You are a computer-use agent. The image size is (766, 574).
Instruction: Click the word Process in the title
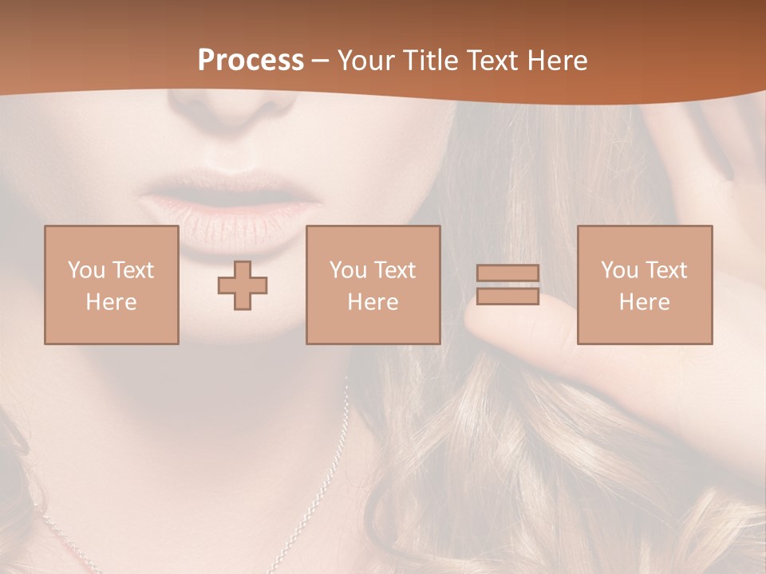tap(251, 61)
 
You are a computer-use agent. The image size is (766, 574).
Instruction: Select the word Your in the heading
tap(365, 61)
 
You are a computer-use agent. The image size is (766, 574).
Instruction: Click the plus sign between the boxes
tap(243, 285)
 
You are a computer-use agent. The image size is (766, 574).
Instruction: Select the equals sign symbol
tap(507, 285)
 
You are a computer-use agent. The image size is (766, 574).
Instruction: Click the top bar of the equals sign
tap(507, 273)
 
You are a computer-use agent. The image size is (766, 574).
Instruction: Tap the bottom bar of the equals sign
tap(507, 296)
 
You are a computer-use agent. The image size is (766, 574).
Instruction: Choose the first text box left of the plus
tap(111, 285)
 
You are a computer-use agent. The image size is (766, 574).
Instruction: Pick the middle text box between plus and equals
tap(373, 285)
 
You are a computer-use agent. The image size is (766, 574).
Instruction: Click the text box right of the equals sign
tap(644, 285)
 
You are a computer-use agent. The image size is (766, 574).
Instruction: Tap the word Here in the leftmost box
tap(111, 302)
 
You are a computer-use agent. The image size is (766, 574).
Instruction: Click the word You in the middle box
tap(348, 270)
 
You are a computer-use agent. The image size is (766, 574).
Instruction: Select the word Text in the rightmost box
tap(665, 270)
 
